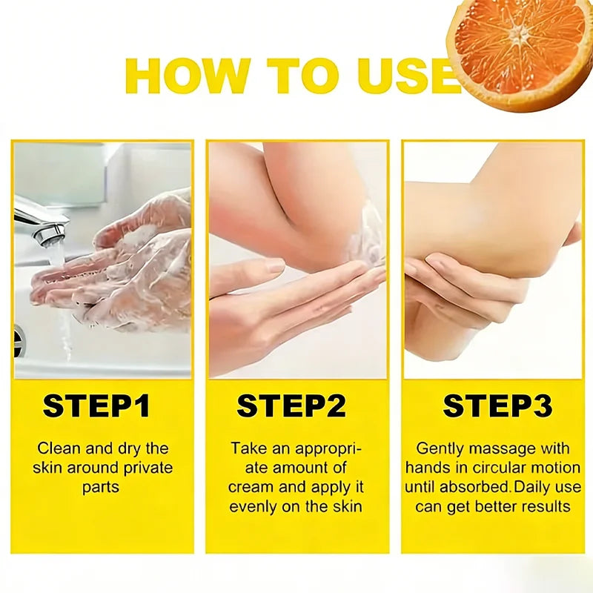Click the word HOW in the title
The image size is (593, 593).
(188, 76)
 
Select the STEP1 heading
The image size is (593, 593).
(96, 405)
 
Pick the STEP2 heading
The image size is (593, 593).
(291, 405)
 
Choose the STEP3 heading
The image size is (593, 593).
(497, 405)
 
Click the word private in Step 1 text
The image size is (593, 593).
(148, 468)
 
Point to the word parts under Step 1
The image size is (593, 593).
(101, 488)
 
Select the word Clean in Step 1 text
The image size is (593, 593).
(59, 448)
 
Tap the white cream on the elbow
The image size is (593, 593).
(365, 234)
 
